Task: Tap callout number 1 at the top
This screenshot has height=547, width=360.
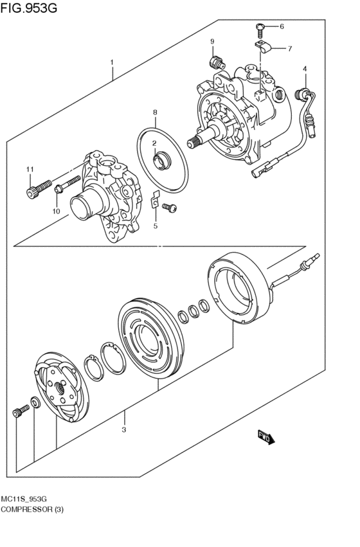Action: pos(112,63)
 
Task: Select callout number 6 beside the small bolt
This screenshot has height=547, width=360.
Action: pos(281,26)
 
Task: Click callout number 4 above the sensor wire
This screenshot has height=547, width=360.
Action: pos(305,69)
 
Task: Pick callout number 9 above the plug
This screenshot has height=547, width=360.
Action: pos(211,42)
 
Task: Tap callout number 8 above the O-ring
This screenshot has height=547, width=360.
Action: pos(155,112)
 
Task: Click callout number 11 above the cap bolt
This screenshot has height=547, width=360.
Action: pos(29,169)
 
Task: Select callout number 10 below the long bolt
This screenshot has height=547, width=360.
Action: pos(56,211)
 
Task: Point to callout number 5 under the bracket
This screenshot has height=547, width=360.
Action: pos(155,226)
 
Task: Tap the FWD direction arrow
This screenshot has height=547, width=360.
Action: pos(266,437)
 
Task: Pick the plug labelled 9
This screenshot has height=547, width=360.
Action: pos(217,62)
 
